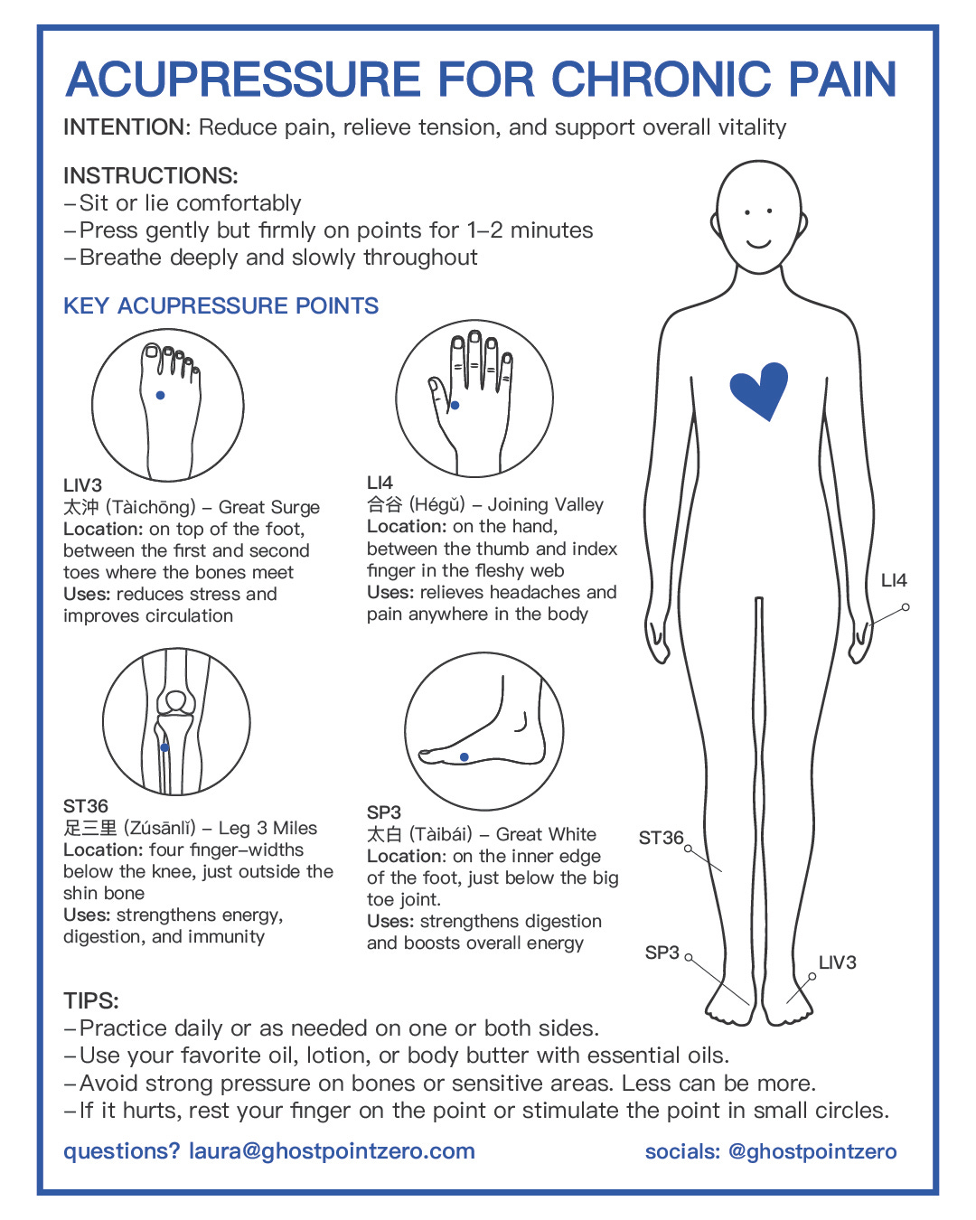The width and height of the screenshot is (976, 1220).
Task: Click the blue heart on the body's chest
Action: pyautogui.click(x=759, y=389)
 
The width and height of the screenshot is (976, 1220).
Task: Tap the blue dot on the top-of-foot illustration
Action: pyautogui.click(x=161, y=395)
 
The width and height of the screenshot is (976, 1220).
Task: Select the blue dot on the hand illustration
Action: pyautogui.click(x=455, y=406)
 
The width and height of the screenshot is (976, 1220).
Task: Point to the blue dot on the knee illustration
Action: pyautogui.click(x=164, y=747)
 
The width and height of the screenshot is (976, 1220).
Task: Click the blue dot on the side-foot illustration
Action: pyautogui.click(x=464, y=757)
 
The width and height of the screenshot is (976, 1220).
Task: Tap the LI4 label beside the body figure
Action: pyautogui.click(x=894, y=581)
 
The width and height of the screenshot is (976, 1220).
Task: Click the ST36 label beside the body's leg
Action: pyautogui.click(x=661, y=838)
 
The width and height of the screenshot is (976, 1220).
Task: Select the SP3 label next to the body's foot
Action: pyautogui.click(x=662, y=953)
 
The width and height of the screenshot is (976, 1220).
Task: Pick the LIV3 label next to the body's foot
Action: pyautogui.click(x=837, y=962)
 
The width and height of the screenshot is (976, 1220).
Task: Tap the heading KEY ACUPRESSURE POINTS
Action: pyautogui.click(x=221, y=305)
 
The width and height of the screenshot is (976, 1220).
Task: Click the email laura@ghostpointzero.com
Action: pyautogui.click(x=332, y=1151)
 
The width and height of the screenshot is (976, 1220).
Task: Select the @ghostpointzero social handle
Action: pyautogui.click(x=812, y=1151)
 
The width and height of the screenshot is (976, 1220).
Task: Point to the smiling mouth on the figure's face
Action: pyautogui.click(x=758, y=243)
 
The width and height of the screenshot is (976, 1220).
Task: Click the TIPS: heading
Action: pyautogui.click(x=91, y=1000)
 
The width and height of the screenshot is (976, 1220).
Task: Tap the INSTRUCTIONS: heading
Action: pyautogui.click(x=151, y=175)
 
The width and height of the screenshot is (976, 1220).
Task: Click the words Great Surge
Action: pyautogui.click(x=269, y=507)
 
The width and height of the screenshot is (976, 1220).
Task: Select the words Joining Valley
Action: pyautogui.click(x=546, y=504)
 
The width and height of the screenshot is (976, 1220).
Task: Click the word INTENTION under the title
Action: pyautogui.click(x=124, y=127)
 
